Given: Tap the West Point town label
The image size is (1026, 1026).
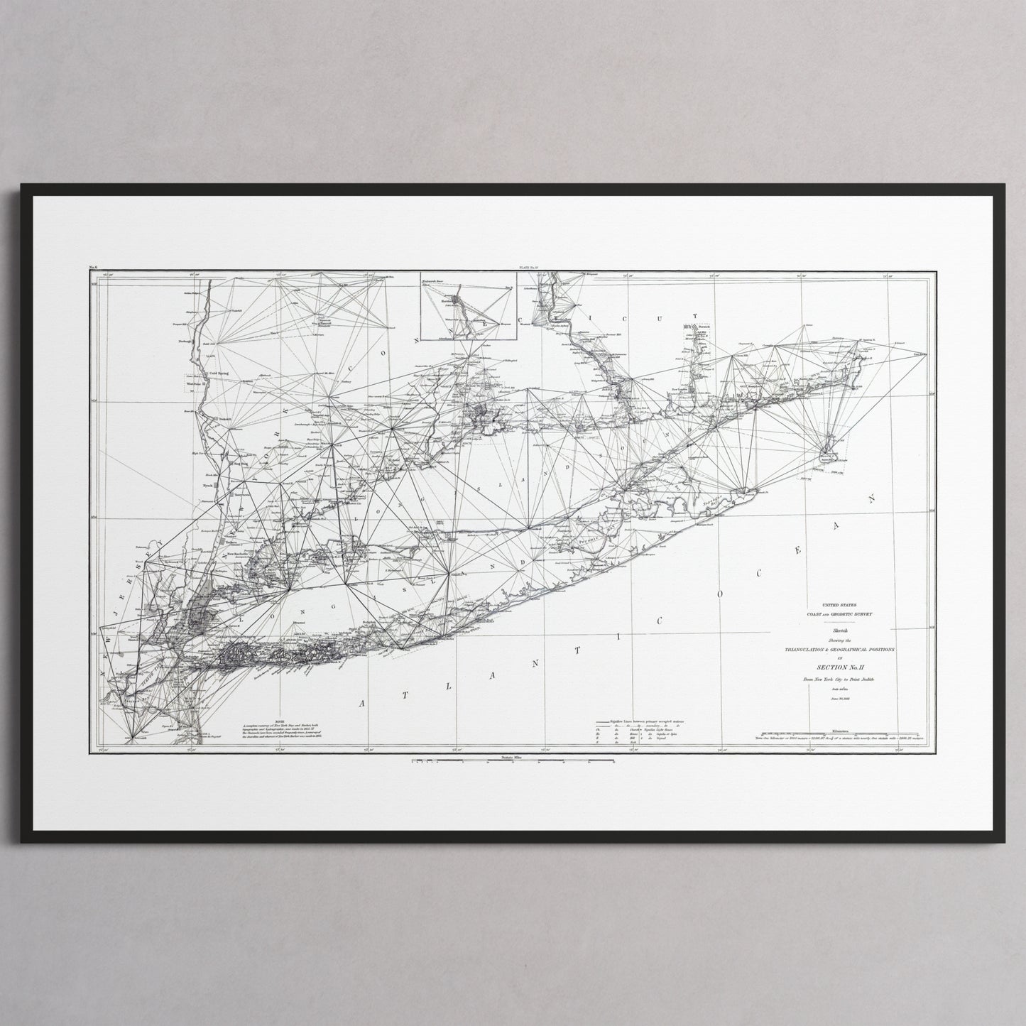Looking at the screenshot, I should pyautogui.click(x=194, y=383).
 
